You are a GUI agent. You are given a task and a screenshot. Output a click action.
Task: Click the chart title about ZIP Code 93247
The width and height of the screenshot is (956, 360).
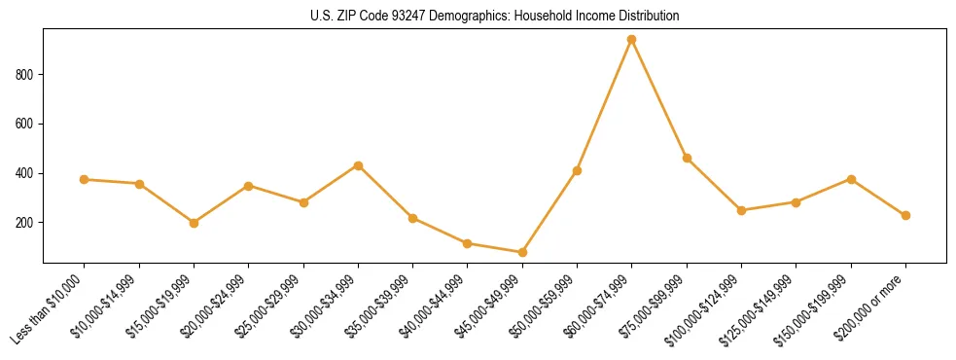click(494, 17)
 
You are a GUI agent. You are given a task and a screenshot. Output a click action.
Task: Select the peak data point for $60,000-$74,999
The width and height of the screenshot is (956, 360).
click(632, 40)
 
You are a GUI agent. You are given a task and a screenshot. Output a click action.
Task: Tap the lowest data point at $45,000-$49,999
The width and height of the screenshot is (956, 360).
click(522, 252)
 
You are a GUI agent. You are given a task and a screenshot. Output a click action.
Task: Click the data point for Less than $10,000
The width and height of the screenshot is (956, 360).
click(85, 179)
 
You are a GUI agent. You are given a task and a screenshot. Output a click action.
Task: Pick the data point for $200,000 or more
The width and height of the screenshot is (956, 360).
click(906, 215)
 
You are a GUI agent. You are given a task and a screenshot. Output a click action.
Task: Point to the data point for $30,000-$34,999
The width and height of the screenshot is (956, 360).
click(358, 165)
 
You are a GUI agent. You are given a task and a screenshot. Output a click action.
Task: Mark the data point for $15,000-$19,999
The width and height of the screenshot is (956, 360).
click(194, 223)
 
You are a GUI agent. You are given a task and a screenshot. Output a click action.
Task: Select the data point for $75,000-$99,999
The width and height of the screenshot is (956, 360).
click(687, 158)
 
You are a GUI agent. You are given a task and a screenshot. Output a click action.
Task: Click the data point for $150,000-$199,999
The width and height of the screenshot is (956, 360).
click(851, 179)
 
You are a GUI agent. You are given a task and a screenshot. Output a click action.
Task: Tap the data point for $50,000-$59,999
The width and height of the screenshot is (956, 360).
click(577, 170)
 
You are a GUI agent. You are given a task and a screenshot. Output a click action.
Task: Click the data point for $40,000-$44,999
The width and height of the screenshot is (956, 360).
click(468, 243)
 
